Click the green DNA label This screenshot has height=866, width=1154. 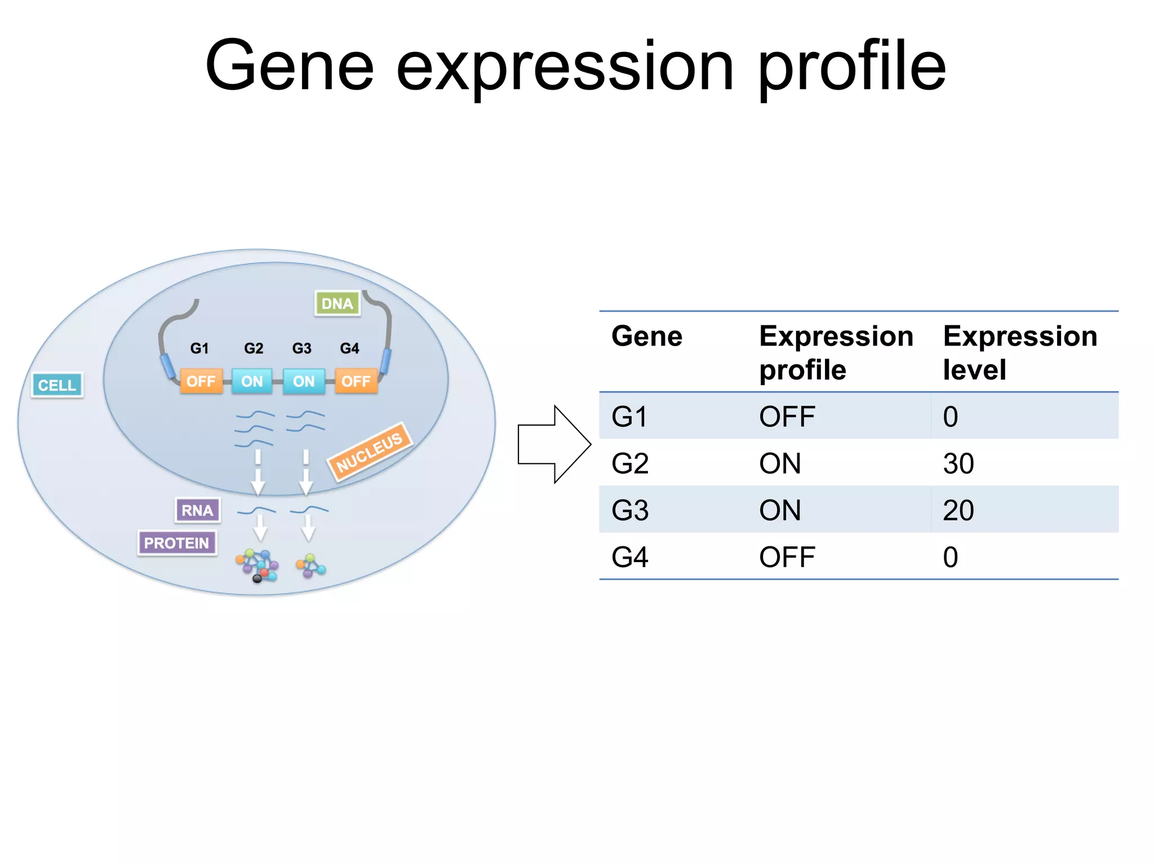(x=337, y=303)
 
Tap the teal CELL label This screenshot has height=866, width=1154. (x=57, y=385)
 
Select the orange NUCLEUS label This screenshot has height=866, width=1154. (x=370, y=452)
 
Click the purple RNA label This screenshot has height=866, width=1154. (x=197, y=510)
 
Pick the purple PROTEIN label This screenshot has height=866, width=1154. (x=177, y=543)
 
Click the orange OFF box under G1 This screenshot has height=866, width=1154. (x=201, y=381)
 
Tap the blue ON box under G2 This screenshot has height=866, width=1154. (x=252, y=381)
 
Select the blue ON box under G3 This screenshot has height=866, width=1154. (x=304, y=381)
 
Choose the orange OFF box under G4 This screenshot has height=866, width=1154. (x=356, y=381)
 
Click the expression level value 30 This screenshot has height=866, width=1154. (x=958, y=463)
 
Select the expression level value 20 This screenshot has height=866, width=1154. (x=958, y=510)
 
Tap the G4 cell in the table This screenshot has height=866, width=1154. (x=630, y=557)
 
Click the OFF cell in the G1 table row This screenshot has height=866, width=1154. (x=787, y=417)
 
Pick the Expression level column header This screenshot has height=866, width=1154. (x=1019, y=352)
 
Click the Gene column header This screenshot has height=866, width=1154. (x=647, y=336)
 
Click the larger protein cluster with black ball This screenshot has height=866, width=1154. (x=258, y=565)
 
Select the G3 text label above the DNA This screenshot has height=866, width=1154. (x=301, y=348)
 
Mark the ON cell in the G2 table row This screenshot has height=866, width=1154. (x=780, y=463)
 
